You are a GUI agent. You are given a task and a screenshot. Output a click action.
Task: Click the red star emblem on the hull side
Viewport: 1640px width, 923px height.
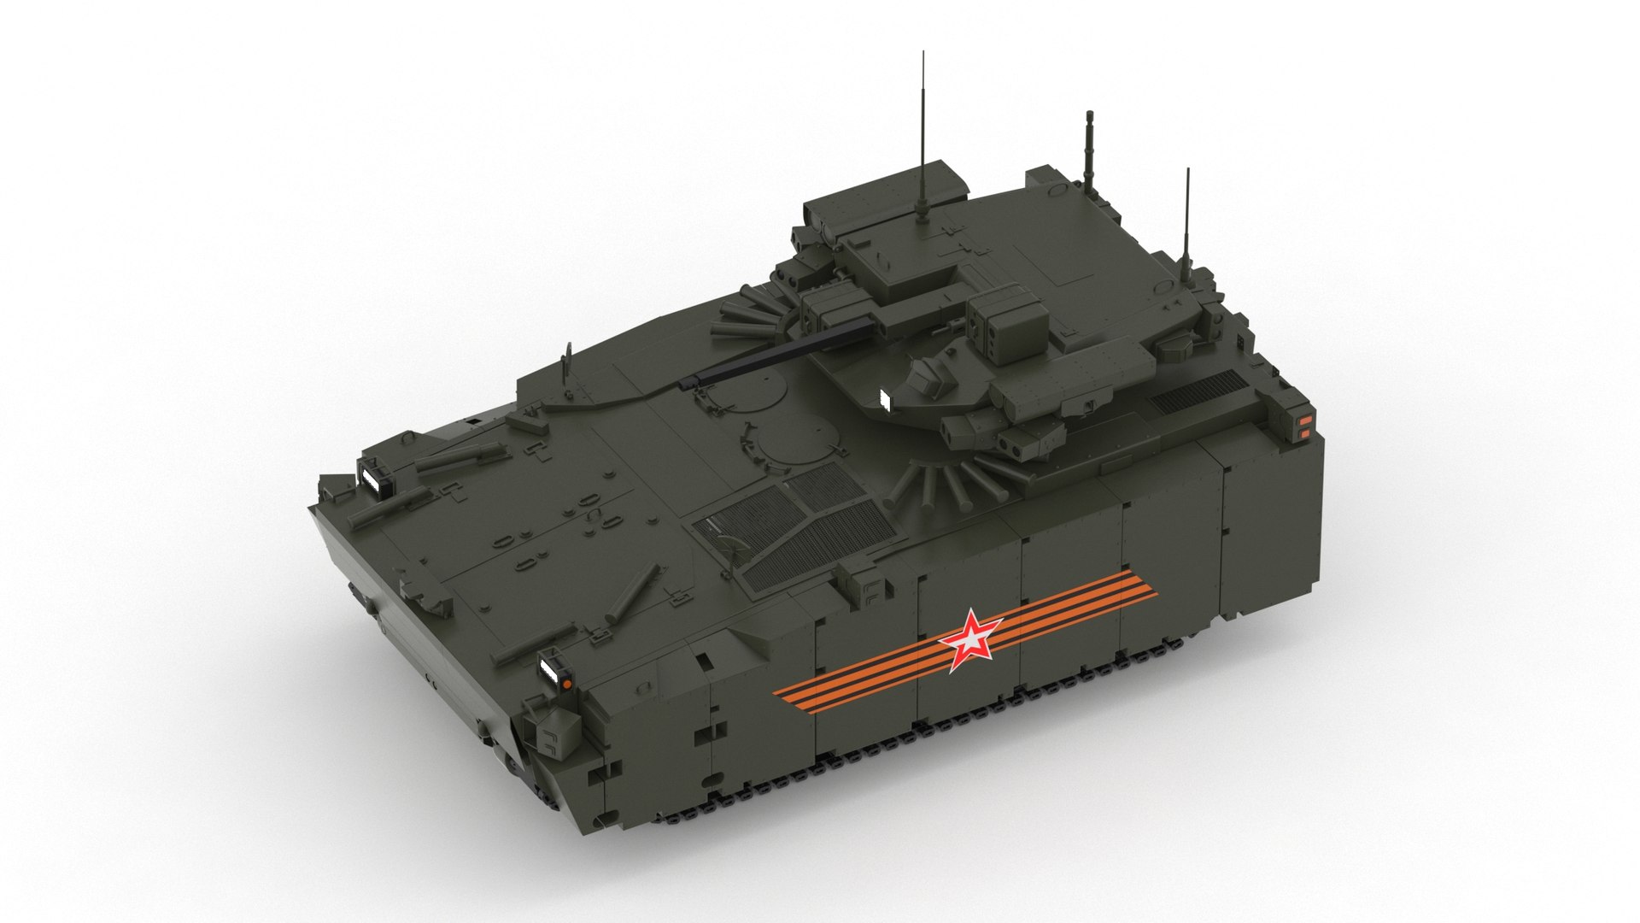pos(970,638)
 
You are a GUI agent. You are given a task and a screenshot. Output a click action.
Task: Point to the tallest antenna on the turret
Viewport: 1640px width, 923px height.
pos(922,128)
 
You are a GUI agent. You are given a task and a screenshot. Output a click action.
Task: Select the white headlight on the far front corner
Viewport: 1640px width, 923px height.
pos(372,479)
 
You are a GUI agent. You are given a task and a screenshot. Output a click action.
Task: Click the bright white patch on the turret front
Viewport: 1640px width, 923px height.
pos(884,398)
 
